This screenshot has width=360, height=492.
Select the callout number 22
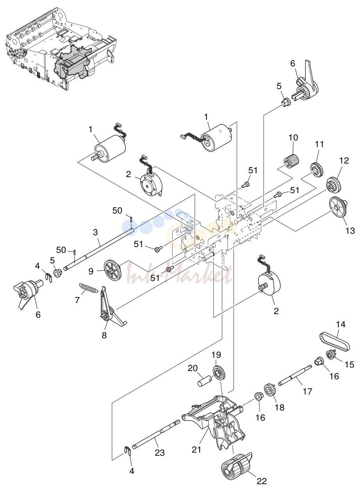262,481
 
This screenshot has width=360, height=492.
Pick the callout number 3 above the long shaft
95,232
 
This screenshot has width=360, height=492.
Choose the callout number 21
196,449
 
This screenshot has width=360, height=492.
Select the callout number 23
160,453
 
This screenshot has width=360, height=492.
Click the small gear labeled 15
330,354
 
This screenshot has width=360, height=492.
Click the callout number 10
293,137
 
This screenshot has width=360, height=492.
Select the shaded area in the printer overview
73,62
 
